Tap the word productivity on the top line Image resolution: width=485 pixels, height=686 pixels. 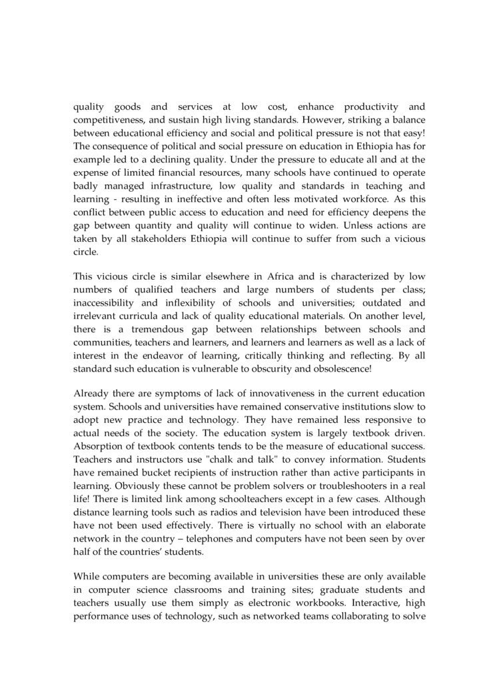click(372, 107)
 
